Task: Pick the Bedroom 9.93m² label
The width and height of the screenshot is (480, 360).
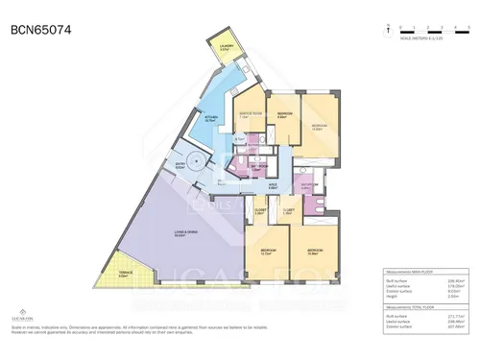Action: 283,114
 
